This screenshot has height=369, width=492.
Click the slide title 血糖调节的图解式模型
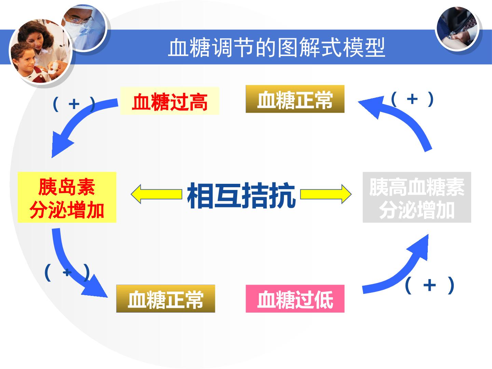click(276, 47)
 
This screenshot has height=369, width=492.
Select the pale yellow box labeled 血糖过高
click(170, 101)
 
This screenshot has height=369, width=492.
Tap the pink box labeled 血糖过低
click(295, 298)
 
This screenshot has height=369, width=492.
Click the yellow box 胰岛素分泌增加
click(67, 197)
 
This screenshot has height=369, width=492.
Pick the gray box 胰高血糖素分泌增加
click(417, 197)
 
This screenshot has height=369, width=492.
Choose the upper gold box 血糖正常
click(295, 99)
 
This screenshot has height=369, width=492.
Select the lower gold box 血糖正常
click(166, 298)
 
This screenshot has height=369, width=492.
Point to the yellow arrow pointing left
click(156, 194)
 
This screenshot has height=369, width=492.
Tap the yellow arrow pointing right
click(326, 194)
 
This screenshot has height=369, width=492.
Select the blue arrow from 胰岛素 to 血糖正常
click(67, 269)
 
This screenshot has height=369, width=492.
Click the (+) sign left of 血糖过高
click(74, 104)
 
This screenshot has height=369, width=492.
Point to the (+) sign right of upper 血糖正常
click(412, 99)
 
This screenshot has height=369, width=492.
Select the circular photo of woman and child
click(40, 51)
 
